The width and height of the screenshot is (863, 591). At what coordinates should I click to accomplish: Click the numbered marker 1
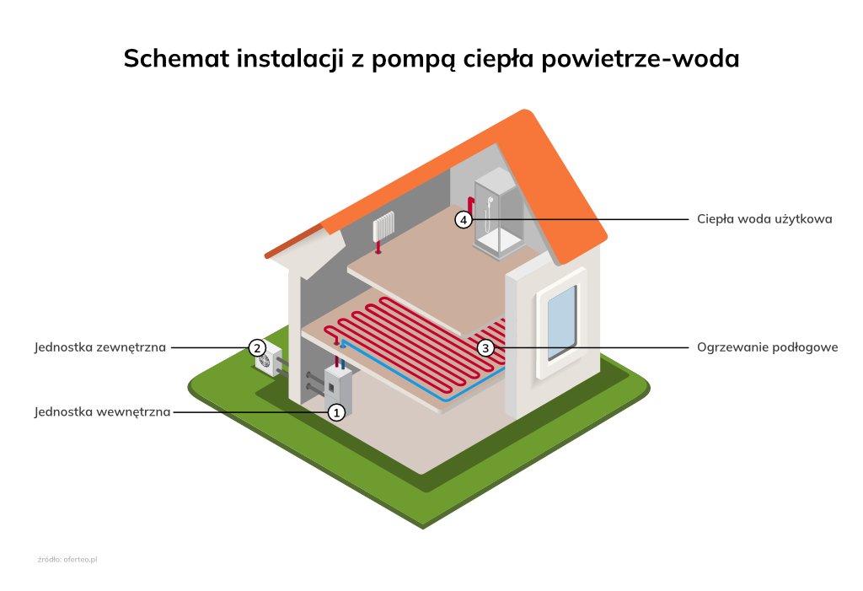(336, 412)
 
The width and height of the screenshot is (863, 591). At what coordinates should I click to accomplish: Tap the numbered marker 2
(257, 347)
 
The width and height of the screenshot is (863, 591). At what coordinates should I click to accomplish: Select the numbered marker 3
(485, 347)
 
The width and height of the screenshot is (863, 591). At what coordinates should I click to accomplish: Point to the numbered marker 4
(464, 219)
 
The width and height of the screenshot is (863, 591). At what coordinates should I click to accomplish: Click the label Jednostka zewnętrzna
(101, 347)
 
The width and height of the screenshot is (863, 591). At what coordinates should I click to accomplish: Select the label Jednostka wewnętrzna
(103, 412)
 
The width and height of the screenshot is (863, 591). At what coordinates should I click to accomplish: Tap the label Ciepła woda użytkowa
(764, 219)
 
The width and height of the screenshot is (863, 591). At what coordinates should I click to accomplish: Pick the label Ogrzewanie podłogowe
(767, 347)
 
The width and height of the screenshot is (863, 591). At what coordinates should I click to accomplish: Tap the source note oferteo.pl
(68, 560)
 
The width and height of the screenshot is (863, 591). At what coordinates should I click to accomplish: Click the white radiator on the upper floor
(383, 226)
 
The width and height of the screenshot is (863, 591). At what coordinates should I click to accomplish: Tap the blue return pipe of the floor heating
(405, 371)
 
